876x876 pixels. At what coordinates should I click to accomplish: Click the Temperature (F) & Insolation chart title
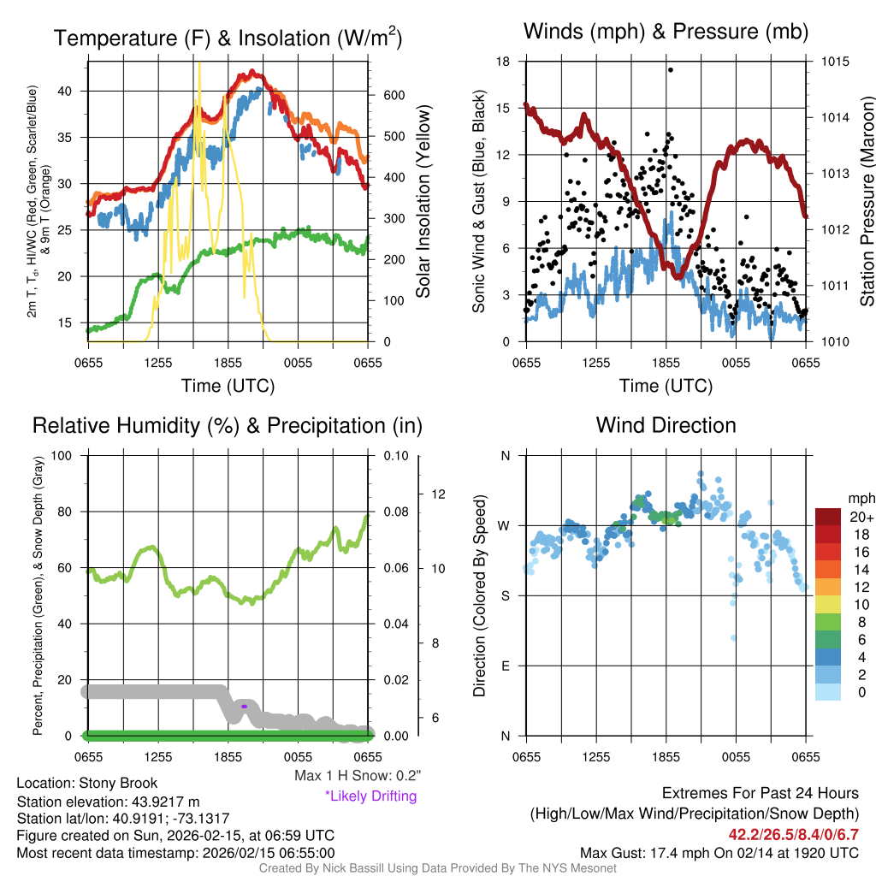click(228, 38)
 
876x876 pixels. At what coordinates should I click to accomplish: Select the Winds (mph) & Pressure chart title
click(666, 33)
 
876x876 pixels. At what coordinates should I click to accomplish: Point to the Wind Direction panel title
click(666, 425)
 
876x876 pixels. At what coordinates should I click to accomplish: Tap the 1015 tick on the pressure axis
click(836, 62)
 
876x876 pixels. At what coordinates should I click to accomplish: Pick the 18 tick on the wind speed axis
click(504, 62)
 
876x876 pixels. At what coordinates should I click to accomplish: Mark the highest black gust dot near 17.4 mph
click(671, 70)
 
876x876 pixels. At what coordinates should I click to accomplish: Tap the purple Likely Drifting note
click(370, 796)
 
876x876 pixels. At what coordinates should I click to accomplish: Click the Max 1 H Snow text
click(357, 776)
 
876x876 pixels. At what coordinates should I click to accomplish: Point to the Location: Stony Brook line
click(87, 784)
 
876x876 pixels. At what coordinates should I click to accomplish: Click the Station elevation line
click(108, 802)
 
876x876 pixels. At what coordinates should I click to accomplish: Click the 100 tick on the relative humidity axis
click(61, 456)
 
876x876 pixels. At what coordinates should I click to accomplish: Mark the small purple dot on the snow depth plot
click(245, 706)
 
